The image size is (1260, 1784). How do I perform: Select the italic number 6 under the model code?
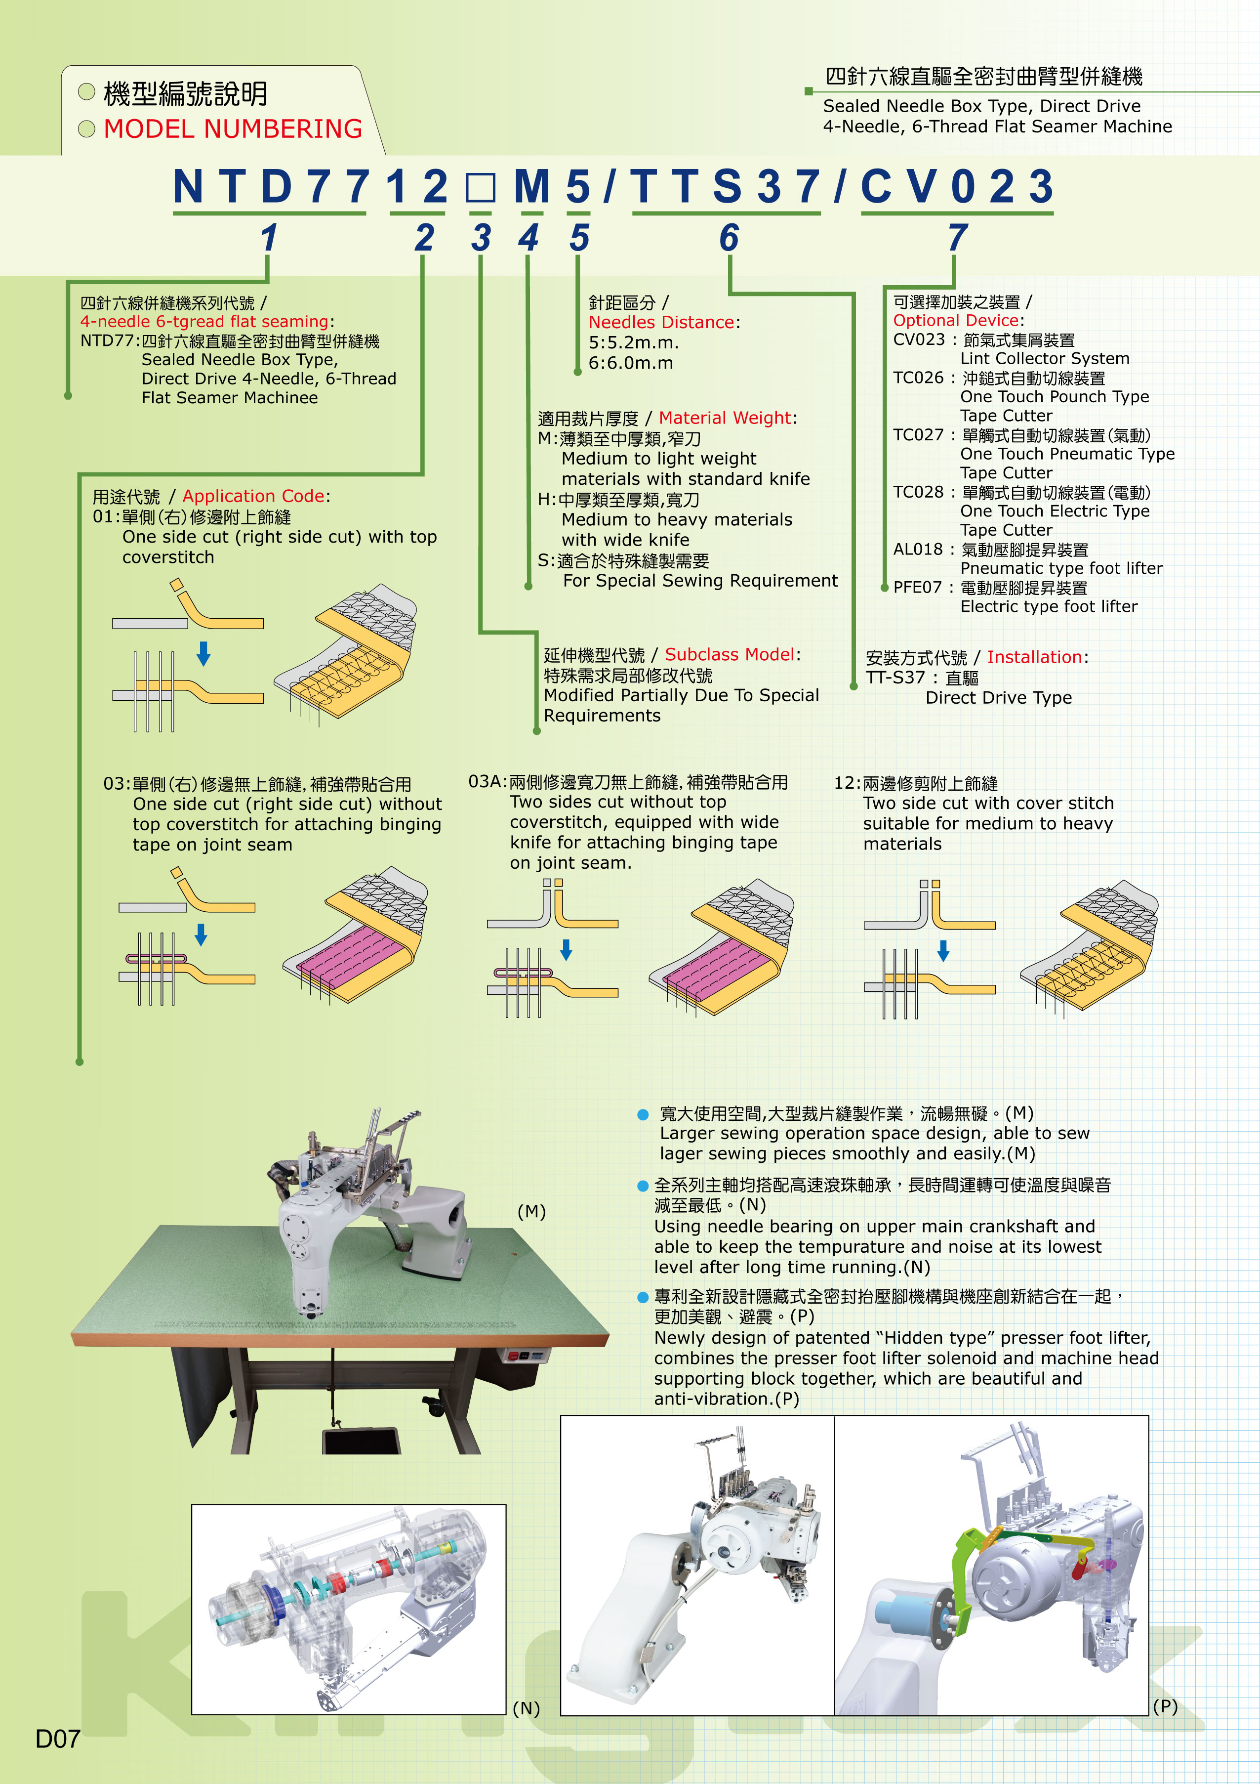729,238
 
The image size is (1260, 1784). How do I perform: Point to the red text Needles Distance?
661,323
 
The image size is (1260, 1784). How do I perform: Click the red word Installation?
1034,657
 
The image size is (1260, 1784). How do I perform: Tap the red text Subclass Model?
730,654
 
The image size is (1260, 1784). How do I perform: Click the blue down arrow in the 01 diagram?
203,653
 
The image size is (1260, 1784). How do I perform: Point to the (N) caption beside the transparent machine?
526,1708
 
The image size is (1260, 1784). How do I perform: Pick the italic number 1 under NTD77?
269,238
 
